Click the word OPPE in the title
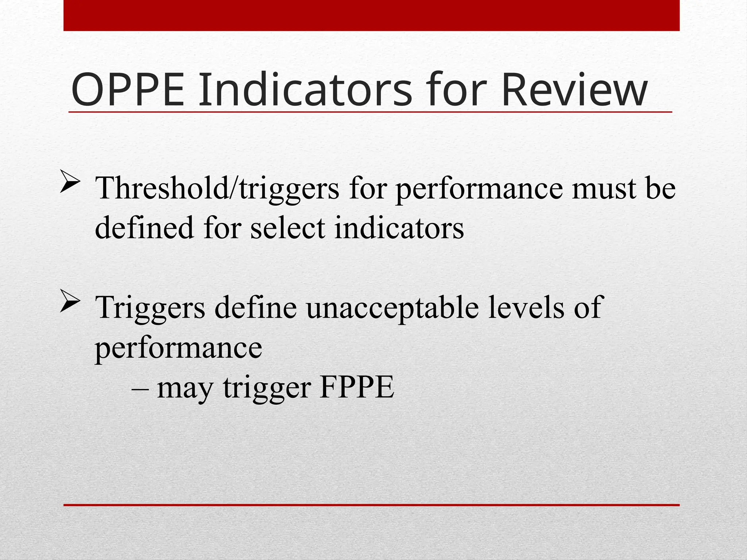128,90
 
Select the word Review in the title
574,90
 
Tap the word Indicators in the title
305,90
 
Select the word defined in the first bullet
144,228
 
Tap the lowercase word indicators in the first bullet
399,228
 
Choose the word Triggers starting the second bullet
150,308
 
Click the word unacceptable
392,308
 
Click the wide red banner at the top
371,15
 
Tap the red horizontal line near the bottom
371,505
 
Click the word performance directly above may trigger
178,348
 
